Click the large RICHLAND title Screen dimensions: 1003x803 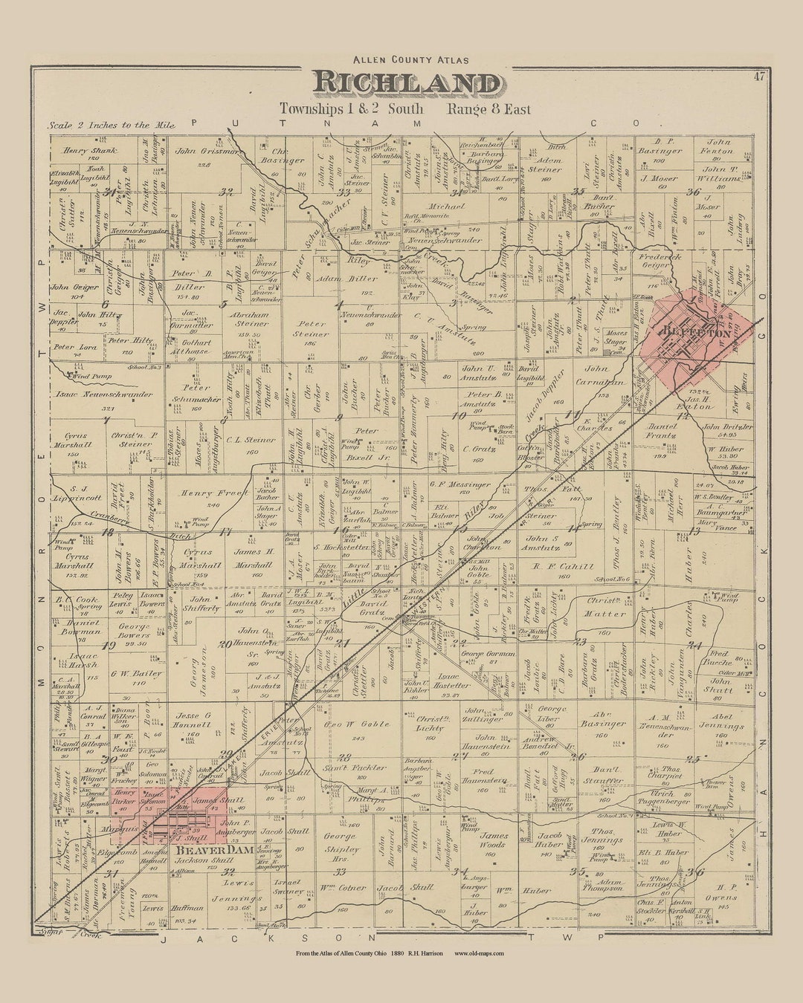pyautogui.click(x=406, y=83)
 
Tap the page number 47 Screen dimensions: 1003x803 pyautogui.click(x=758, y=76)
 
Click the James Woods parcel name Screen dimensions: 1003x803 pyautogui.click(x=494, y=840)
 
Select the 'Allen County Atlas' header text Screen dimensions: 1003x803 pyautogui.click(x=405, y=59)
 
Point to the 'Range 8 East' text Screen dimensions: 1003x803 pyautogui.click(x=488, y=109)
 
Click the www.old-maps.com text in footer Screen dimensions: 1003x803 pyautogui.click(x=479, y=974)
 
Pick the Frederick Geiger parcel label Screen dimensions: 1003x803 pyautogui.click(x=660, y=260)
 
